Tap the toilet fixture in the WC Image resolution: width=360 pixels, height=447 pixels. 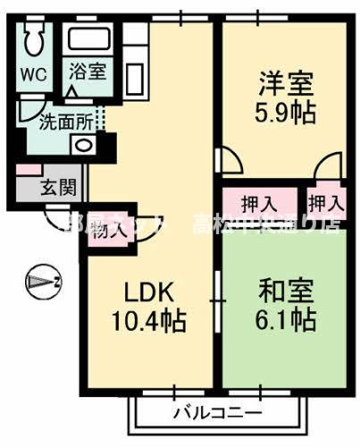pyautogui.click(x=34, y=40)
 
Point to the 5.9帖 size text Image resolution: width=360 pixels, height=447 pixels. pyautogui.click(x=284, y=114)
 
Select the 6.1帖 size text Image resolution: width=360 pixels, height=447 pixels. pyautogui.click(x=284, y=319)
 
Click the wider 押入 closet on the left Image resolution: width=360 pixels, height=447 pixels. pyautogui.click(x=259, y=202)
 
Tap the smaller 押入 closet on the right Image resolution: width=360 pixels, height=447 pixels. pyautogui.click(x=325, y=202)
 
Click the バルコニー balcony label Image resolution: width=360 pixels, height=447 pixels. pyautogui.click(x=217, y=413)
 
